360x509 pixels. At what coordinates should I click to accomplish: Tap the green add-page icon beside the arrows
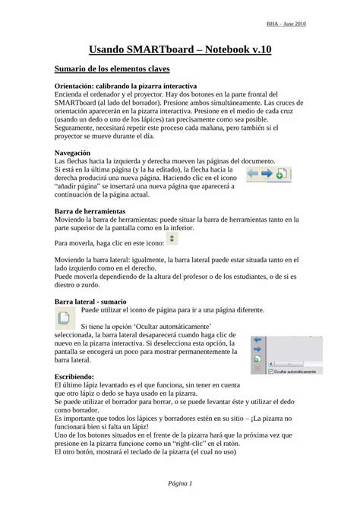(x=279, y=174)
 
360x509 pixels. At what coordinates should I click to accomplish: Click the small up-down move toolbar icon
(x=171, y=239)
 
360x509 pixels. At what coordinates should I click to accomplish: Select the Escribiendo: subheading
(x=75, y=376)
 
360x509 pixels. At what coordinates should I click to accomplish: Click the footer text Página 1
(x=179, y=483)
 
